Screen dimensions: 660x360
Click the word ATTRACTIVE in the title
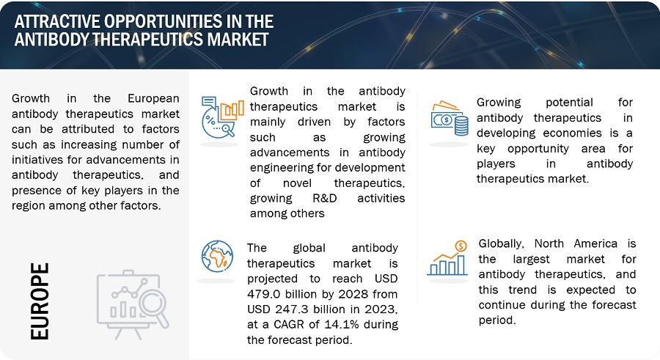coord(56,21)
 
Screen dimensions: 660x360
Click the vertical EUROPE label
coord(40,301)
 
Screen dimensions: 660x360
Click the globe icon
coord(217,257)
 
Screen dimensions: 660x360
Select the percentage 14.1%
coord(340,324)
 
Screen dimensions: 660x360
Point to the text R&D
coord(325,198)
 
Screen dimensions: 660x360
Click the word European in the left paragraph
coord(154,98)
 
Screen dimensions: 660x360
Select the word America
coord(595,243)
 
